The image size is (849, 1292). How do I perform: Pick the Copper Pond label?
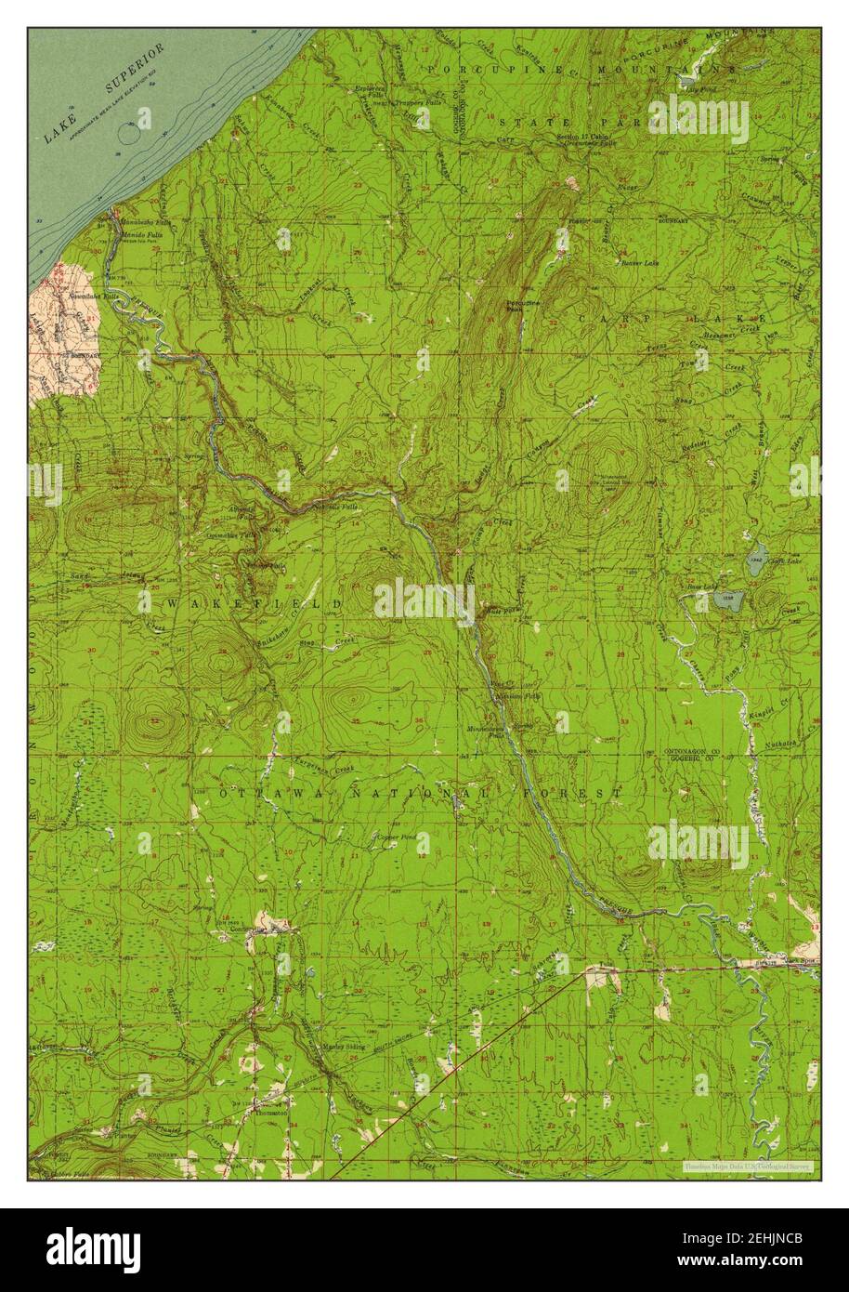click(395, 837)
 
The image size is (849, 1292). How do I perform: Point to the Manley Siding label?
click(344, 1047)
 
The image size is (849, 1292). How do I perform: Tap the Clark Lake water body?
click(757, 555)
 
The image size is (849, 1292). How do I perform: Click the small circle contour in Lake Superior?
click(130, 134)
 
